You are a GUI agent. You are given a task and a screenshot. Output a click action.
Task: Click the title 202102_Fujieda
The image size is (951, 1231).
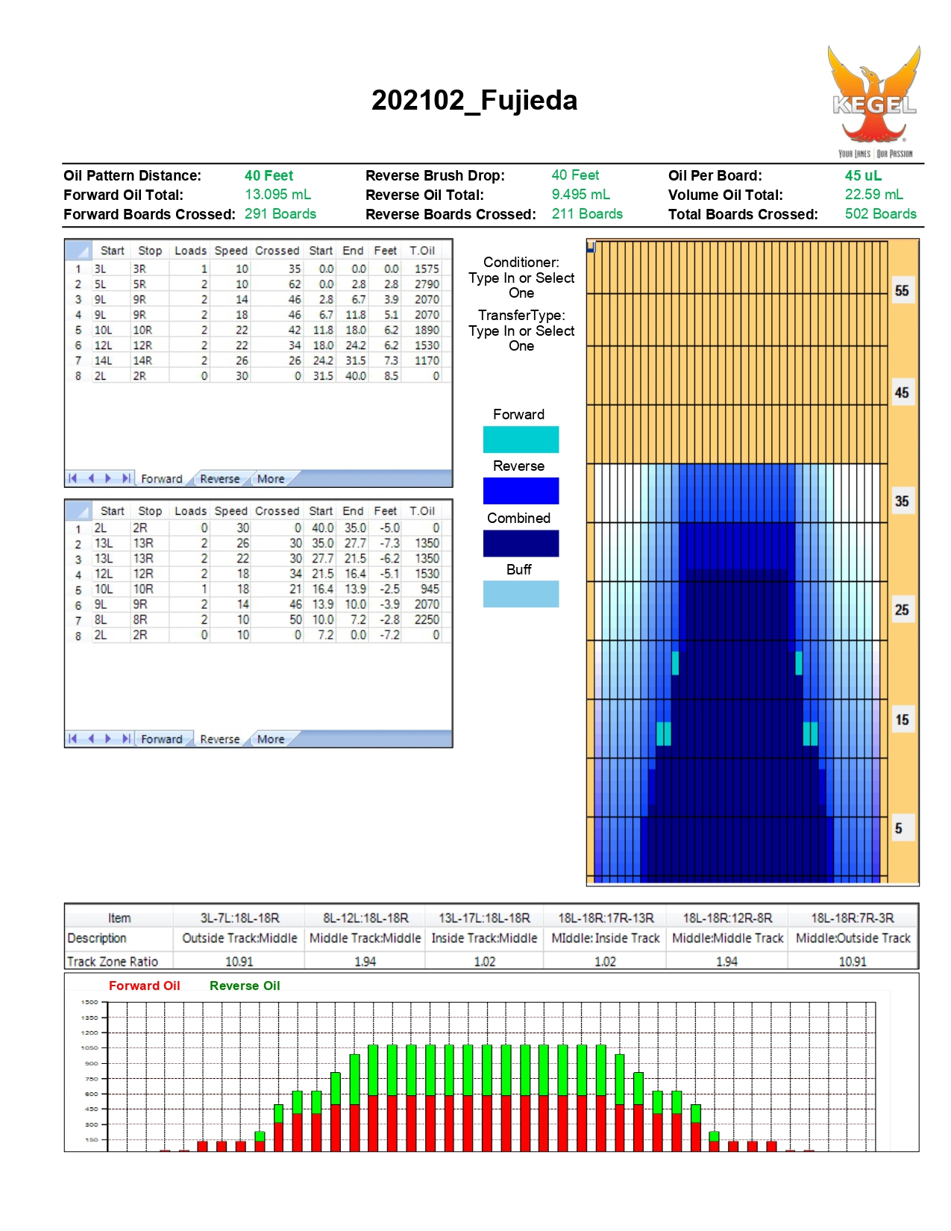click(x=474, y=100)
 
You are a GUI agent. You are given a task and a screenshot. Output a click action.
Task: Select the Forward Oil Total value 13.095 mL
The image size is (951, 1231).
click(x=277, y=194)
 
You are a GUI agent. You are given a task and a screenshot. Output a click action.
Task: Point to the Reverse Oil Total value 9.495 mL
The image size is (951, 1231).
click(x=580, y=194)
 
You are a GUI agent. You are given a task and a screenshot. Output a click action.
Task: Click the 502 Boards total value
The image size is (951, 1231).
click(x=880, y=213)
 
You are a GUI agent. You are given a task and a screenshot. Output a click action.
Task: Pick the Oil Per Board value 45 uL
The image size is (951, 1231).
click(x=863, y=175)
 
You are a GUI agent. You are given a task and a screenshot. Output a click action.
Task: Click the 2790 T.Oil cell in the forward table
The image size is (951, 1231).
click(x=427, y=284)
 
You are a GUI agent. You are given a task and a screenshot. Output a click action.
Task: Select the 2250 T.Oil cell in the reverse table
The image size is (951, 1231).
click(x=427, y=619)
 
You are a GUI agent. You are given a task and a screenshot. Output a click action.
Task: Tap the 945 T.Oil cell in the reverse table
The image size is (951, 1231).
click(x=430, y=589)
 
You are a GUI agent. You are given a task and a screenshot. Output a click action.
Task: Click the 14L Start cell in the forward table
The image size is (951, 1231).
click(x=103, y=360)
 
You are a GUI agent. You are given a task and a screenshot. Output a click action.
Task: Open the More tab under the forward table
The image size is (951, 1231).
click(x=271, y=479)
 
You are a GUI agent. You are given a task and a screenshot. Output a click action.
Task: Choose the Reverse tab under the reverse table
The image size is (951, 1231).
click(x=220, y=739)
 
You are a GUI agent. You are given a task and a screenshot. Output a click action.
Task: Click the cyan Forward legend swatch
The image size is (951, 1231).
click(x=521, y=439)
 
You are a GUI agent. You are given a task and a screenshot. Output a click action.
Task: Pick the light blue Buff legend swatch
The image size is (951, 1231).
click(x=521, y=594)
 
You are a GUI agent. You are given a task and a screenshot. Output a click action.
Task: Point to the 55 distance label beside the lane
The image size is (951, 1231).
click(x=901, y=291)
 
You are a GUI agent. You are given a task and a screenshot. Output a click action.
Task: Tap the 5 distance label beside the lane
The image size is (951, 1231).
click(x=898, y=828)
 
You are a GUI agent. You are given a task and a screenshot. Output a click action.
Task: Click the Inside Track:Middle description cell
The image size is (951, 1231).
click(x=484, y=938)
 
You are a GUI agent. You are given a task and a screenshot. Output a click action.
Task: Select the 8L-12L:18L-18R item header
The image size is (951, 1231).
click(x=365, y=918)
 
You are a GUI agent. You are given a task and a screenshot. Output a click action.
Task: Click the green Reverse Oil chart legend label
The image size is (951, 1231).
click(x=245, y=985)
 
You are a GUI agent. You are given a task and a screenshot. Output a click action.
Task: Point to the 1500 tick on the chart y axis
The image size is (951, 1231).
click(x=90, y=1002)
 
